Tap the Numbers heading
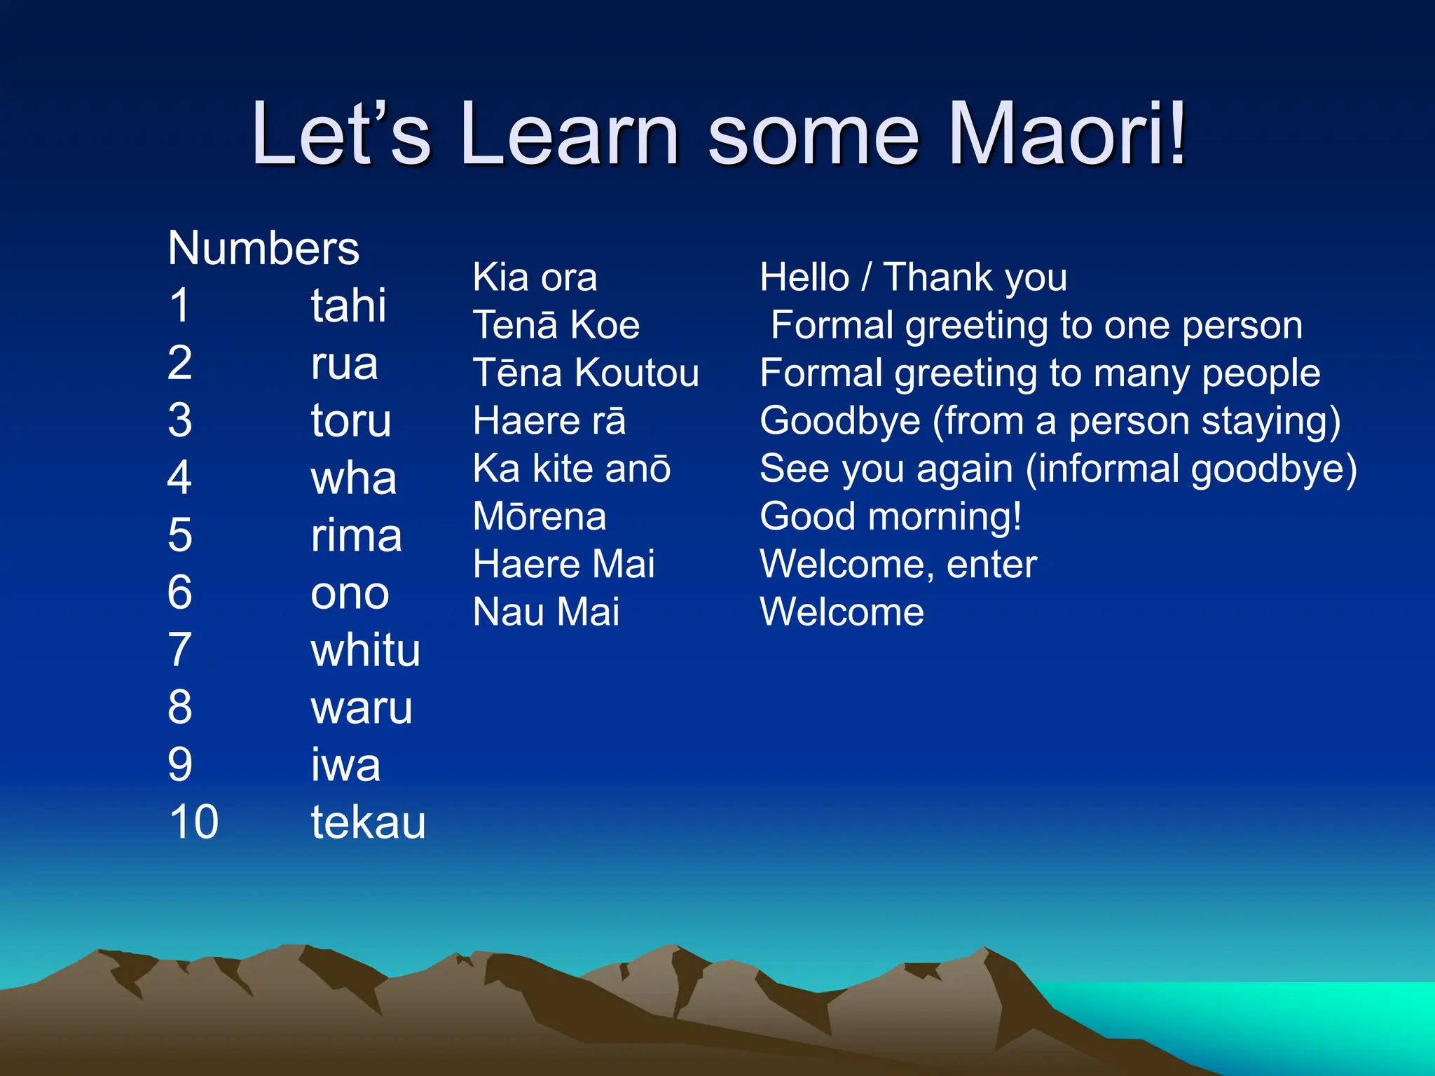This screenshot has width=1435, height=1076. (x=263, y=249)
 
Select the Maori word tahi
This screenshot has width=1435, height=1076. (x=348, y=306)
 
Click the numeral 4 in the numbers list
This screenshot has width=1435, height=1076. (x=179, y=478)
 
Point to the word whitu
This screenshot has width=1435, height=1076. (x=365, y=650)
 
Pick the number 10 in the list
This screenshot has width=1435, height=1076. (x=193, y=822)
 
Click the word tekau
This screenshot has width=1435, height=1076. (x=368, y=822)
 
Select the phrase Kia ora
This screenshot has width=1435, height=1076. (x=535, y=277)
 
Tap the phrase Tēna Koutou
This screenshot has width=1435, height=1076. (x=586, y=373)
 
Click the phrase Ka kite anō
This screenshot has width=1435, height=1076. (x=572, y=468)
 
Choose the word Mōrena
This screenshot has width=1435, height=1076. (x=540, y=516)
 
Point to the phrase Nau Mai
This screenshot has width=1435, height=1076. (x=546, y=612)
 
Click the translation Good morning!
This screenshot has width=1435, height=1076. (x=891, y=517)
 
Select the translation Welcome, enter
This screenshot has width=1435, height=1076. (x=898, y=565)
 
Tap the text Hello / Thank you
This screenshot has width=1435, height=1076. (x=913, y=277)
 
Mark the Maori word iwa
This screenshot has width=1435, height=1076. (x=345, y=764)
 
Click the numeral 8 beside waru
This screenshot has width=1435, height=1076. (x=180, y=707)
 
